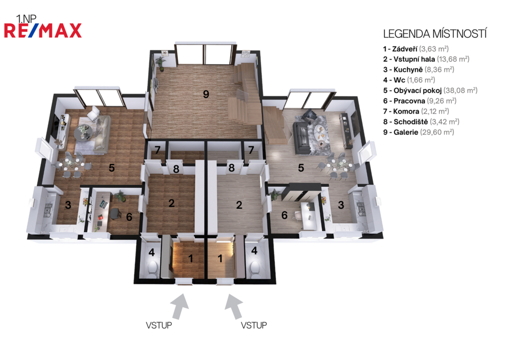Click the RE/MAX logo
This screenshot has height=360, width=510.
point(43,30)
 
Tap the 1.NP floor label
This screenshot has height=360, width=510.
point(26,19)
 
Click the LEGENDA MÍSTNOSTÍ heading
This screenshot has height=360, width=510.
point(435,34)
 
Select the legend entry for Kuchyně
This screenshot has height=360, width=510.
point(418,70)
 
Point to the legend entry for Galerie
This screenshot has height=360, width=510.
point(418,132)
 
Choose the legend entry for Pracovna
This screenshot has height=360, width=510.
point(419,101)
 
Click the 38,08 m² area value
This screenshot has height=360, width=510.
point(460,91)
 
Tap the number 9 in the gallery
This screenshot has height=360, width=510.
point(206,94)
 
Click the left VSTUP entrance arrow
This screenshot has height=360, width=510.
point(180,306)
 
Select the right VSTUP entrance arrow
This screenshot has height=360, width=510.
point(234,306)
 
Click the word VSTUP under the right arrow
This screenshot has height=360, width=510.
point(254,325)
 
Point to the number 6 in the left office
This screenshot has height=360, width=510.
point(129,217)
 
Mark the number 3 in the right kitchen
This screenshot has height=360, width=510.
point(341,205)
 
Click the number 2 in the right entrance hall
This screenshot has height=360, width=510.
point(239,205)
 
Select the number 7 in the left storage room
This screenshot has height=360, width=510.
point(157,150)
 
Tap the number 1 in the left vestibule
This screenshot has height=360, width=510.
point(191,258)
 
